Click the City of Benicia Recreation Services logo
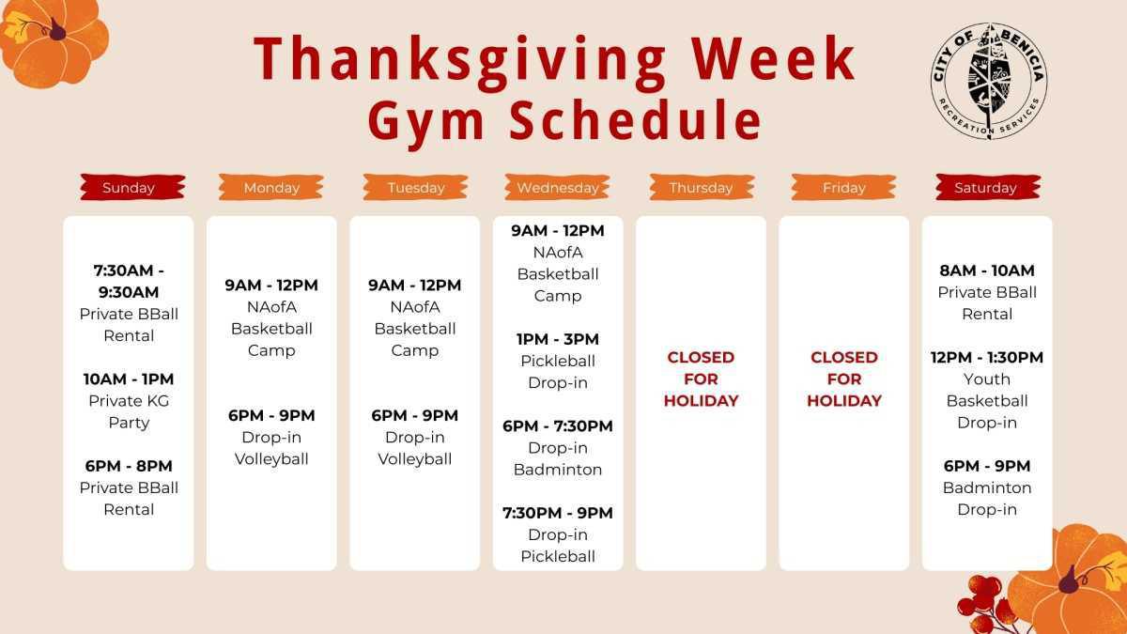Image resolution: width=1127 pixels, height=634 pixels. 989,81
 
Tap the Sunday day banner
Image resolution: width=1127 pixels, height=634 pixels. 129,187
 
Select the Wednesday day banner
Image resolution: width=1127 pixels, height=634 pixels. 558,187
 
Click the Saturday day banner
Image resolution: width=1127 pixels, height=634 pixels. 986,187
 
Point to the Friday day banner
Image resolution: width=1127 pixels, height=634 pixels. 843,187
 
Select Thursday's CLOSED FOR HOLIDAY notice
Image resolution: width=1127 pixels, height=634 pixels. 701,379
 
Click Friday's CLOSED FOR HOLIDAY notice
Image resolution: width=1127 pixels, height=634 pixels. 844,379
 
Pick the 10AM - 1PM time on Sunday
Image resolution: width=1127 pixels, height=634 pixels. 129,379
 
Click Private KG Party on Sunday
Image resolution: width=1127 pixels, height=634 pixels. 129,411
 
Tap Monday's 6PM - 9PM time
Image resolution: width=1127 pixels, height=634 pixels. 271,415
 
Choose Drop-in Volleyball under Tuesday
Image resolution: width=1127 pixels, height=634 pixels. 415,448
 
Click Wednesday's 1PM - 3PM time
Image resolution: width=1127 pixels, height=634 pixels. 558,339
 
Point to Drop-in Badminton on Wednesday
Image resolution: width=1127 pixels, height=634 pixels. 558,458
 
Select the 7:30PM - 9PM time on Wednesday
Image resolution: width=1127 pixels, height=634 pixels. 558,513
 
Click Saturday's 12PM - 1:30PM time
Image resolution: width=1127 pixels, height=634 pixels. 987,357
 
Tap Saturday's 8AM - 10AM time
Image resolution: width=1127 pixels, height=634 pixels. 987,271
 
